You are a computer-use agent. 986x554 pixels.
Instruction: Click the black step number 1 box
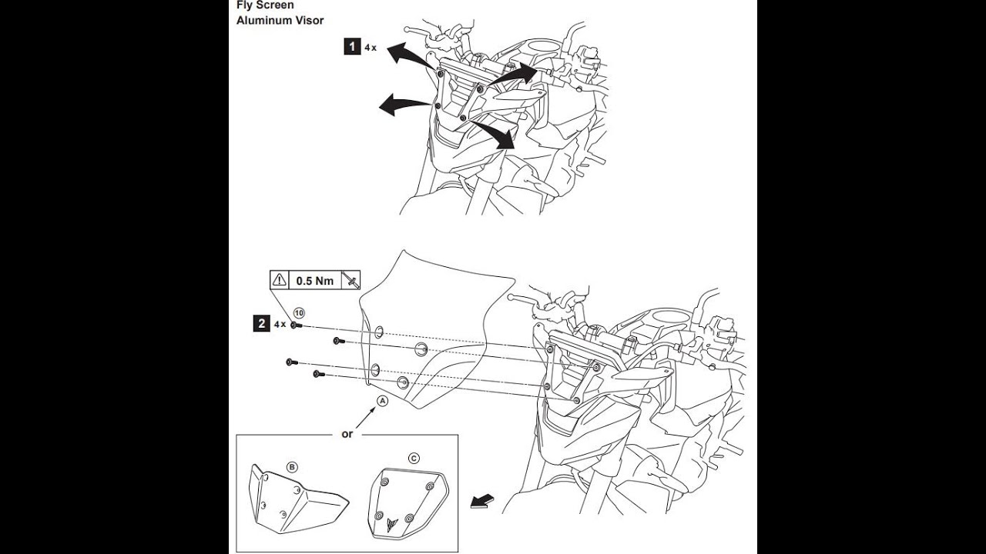tap(352, 46)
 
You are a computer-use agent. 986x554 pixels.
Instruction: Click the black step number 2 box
tap(261, 324)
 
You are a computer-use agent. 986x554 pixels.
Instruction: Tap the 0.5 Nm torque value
tap(315, 281)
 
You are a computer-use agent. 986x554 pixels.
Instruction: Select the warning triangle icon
tap(280, 279)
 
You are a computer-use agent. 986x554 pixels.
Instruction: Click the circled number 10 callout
tap(299, 313)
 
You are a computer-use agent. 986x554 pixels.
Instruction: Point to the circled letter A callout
tap(383, 401)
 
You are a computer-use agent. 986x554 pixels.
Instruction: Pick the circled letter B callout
tap(292, 467)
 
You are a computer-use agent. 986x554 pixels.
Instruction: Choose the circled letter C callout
tap(414, 459)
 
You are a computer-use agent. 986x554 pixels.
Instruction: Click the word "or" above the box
tap(347, 434)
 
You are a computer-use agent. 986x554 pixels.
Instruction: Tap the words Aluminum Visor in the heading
tap(280, 20)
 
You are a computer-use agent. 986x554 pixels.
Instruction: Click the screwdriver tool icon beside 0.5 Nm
tap(350, 279)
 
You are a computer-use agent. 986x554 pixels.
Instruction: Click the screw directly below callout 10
tap(297, 325)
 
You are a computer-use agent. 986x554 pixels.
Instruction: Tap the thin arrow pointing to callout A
tap(365, 417)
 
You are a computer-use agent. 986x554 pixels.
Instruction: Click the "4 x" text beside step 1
tap(371, 48)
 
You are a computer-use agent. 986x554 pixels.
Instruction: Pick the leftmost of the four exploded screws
tap(291, 362)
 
